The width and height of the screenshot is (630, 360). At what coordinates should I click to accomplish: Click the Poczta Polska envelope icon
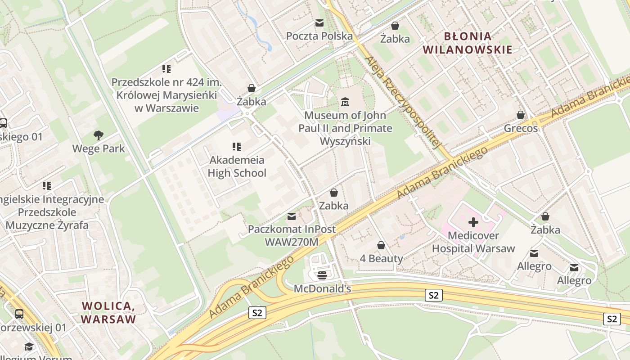(x=319, y=23)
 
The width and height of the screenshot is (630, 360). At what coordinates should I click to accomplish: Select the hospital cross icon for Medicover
(x=473, y=222)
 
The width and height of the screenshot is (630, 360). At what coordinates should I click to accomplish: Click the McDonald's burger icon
(x=322, y=275)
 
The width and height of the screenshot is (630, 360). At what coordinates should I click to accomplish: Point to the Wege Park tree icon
(x=98, y=135)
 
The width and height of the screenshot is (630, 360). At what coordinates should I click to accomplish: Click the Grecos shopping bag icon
(x=521, y=115)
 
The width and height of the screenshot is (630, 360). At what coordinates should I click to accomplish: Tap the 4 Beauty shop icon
(x=381, y=245)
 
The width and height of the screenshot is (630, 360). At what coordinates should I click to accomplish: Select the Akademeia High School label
(x=237, y=166)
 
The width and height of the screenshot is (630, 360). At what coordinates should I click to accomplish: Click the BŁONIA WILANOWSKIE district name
(x=468, y=43)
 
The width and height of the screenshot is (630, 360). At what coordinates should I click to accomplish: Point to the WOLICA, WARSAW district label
(x=108, y=313)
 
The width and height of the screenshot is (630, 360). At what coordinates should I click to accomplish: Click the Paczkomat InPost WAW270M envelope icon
(x=292, y=216)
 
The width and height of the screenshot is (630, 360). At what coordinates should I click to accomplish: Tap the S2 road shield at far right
(x=612, y=319)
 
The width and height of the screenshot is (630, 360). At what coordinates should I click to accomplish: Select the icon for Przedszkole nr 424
(x=166, y=69)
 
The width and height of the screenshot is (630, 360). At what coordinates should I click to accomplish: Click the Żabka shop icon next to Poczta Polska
(x=395, y=26)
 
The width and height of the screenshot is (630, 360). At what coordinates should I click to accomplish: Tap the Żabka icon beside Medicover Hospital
(x=545, y=217)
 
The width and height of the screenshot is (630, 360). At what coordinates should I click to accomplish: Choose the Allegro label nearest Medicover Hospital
(x=534, y=266)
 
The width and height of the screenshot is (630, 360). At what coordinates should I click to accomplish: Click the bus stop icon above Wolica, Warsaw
(x=19, y=314)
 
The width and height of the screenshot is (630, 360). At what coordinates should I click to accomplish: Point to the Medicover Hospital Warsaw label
(x=473, y=242)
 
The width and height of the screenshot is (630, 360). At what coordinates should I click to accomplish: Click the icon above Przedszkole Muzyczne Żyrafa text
(x=47, y=185)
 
